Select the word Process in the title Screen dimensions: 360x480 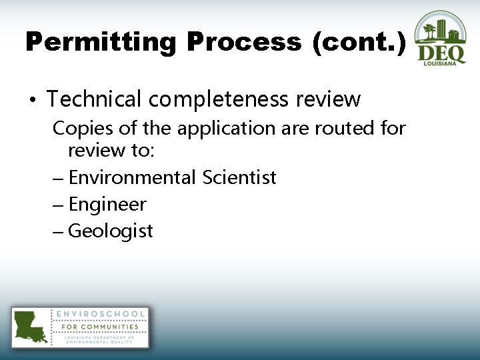(244, 43)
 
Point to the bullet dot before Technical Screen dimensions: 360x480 (31, 101)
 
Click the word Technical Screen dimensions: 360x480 (94, 99)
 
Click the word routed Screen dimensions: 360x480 (344, 128)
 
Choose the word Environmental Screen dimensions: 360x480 (132, 177)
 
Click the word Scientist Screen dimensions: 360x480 (239, 177)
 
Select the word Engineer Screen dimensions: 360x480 (107, 205)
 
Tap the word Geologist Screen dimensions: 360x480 (111, 231)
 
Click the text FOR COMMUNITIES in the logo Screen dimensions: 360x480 (100, 327)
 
